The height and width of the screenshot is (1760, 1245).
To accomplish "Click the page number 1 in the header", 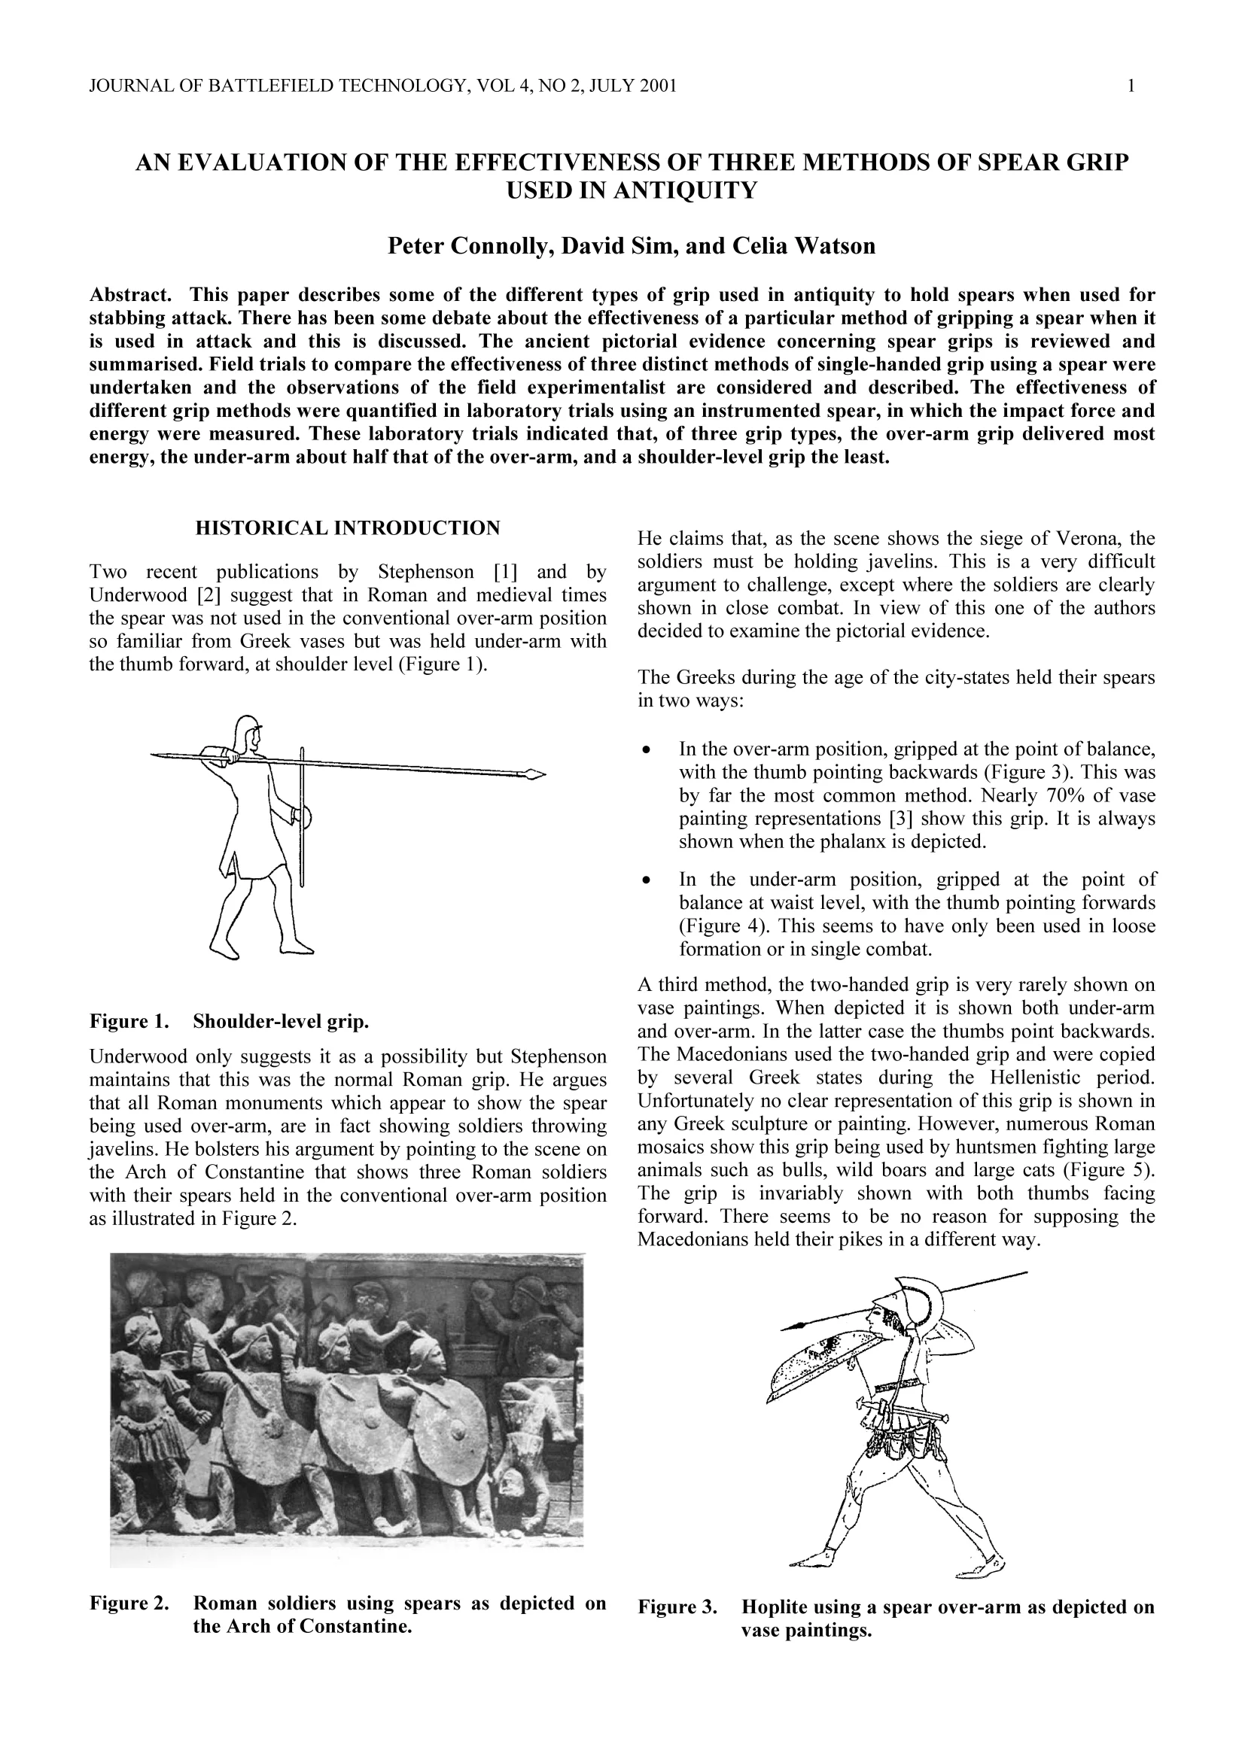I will (1131, 86).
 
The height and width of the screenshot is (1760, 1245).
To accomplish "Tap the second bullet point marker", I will (648, 880).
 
